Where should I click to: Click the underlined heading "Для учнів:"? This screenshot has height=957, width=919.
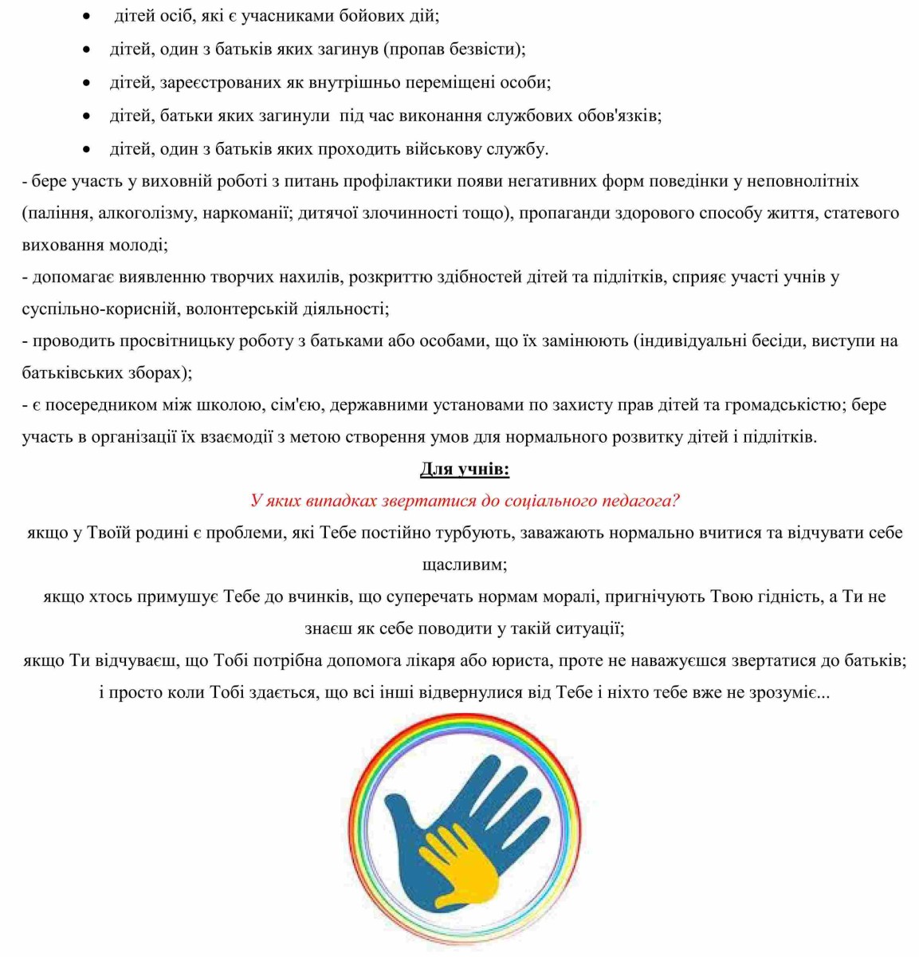point(465,469)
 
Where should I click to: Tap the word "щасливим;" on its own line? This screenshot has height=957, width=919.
point(465,565)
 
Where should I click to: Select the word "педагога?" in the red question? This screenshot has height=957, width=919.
point(642,501)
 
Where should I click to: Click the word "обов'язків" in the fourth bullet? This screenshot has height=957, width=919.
point(619,116)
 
